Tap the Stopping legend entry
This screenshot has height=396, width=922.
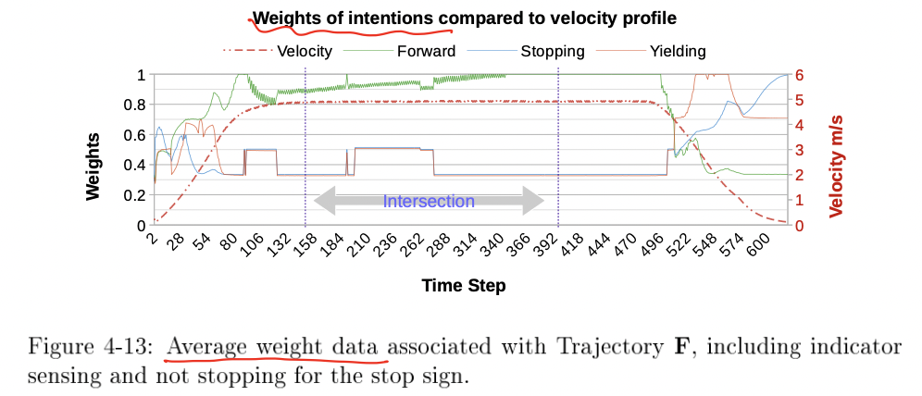(552, 51)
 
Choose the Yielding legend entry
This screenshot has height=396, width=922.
(675, 51)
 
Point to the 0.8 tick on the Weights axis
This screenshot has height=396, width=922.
(134, 105)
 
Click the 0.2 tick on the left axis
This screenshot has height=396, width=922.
(134, 195)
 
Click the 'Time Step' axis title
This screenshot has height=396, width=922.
(464, 285)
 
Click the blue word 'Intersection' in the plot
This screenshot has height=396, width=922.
(429, 201)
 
